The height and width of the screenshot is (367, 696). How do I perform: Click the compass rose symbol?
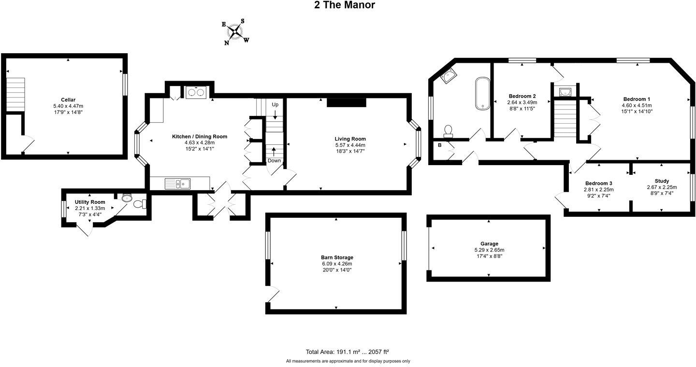pyautogui.click(x=236, y=32)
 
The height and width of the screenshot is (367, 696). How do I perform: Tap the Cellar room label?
pyautogui.click(x=68, y=100)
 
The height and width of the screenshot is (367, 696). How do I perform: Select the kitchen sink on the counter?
pyautogui.click(x=177, y=183)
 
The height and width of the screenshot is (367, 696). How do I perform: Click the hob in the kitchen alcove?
pyautogui.click(x=197, y=92)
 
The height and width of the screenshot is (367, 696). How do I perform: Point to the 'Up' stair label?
pyautogui.click(x=275, y=105)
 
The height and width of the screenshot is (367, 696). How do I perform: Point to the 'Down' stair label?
pyautogui.click(x=274, y=161)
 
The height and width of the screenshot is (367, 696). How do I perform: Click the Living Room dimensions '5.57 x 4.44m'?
pyautogui.click(x=350, y=145)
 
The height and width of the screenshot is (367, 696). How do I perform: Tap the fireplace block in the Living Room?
pyautogui.click(x=347, y=102)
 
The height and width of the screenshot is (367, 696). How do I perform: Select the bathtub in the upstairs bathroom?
pyautogui.click(x=482, y=93)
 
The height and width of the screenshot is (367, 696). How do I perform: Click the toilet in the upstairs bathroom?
pyautogui.click(x=449, y=131)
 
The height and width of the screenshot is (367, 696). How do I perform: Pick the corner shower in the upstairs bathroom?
pyautogui.click(x=449, y=77)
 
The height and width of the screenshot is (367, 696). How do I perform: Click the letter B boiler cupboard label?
pyautogui.click(x=440, y=145)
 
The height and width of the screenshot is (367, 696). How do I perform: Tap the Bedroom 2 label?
pyautogui.click(x=522, y=96)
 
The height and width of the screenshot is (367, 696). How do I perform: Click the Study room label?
pyautogui.click(x=662, y=181)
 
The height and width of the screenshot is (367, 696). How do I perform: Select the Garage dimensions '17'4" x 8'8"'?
pyautogui.click(x=489, y=256)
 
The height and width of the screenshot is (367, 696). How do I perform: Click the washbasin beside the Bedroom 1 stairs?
pyautogui.click(x=564, y=92)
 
